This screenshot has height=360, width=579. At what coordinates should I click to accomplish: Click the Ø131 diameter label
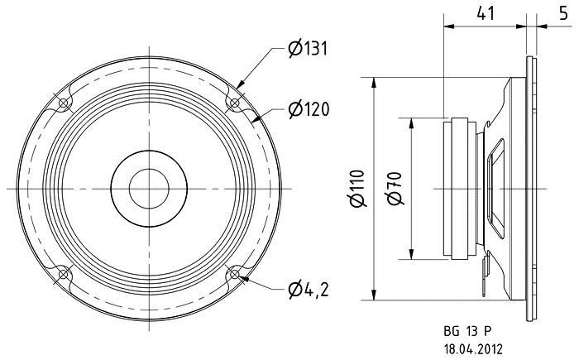click(x=309, y=49)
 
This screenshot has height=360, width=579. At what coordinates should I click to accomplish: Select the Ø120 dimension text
click(x=309, y=109)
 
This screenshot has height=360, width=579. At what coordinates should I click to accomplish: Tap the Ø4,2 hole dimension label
click(x=309, y=290)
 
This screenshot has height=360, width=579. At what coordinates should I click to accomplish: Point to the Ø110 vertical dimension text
click(x=357, y=189)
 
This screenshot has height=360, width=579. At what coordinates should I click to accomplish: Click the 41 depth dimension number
click(x=486, y=14)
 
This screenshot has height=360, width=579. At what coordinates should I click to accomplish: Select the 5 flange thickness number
click(x=563, y=14)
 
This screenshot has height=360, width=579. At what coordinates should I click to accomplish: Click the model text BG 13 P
click(x=468, y=331)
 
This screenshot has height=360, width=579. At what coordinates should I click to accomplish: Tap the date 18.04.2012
click(x=473, y=349)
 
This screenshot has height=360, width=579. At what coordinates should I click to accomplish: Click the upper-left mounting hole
click(x=64, y=103)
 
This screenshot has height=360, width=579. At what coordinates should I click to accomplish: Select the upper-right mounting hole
click(x=234, y=103)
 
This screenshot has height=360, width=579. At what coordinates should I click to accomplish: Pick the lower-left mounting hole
click(x=64, y=274)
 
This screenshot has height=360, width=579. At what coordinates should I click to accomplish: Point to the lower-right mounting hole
click(x=234, y=274)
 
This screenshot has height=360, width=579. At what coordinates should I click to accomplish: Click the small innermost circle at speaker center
click(x=149, y=189)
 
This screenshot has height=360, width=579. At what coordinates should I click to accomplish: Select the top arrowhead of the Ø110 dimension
click(x=375, y=84)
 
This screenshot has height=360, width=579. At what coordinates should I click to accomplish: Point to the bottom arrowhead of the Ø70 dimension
click(x=411, y=253)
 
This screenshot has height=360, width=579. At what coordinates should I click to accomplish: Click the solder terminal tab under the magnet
click(x=486, y=277)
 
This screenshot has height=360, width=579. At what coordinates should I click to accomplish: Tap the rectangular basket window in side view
click(x=495, y=189)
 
